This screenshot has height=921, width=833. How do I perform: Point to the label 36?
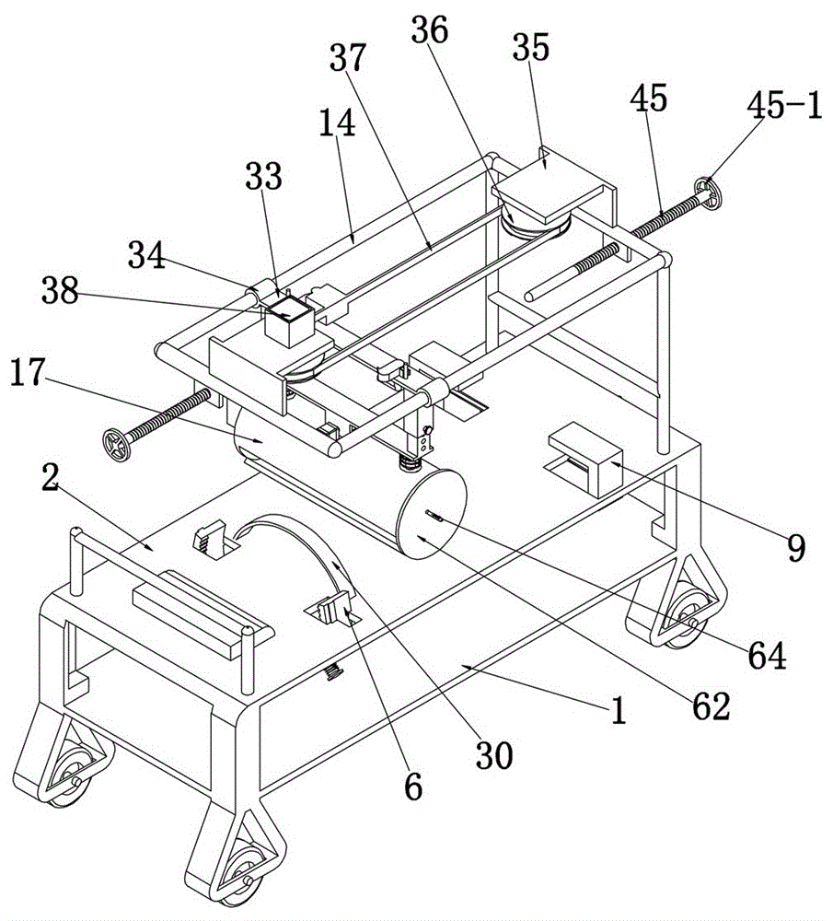[430, 30]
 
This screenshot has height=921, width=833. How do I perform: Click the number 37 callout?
[347, 61]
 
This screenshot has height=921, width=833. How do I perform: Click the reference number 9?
[795, 546]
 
